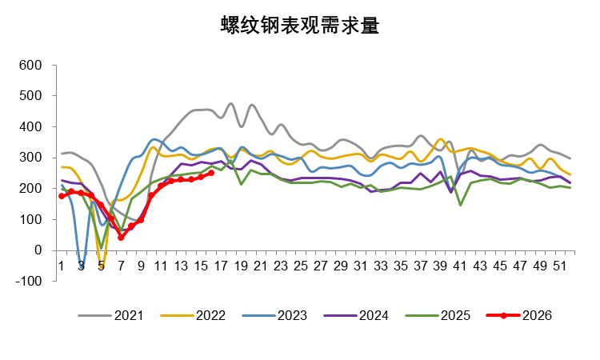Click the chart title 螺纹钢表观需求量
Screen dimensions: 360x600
[300, 26]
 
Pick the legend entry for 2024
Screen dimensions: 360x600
[372, 315]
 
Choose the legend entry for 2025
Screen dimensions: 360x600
[454, 315]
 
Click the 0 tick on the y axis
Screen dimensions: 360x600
[38, 250]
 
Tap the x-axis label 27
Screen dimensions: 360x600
[321, 264]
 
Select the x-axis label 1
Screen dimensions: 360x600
[62, 264]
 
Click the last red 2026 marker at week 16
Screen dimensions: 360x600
[211, 173]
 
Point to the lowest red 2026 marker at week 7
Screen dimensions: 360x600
[122, 238]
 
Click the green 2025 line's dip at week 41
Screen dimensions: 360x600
[461, 205]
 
